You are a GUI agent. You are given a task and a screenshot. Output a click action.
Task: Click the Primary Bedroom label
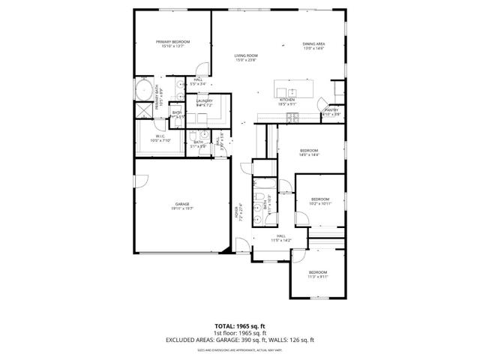(x=172, y=43)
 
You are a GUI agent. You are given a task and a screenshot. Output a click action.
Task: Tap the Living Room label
(x=246, y=58)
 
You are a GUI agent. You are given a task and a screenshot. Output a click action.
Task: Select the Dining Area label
(x=313, y=46)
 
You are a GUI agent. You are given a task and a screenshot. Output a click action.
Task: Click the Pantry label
(x=331, y=112)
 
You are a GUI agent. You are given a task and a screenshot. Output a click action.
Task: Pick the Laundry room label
(x=205, y=103)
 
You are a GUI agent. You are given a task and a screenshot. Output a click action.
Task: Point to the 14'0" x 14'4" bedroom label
(x=310, y=152)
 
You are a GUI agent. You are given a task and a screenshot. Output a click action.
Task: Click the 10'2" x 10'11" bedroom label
(x=319, y=201)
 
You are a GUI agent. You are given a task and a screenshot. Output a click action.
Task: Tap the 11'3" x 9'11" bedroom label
(x=317, y=274)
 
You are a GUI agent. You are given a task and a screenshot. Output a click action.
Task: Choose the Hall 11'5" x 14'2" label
(x=280, y=238)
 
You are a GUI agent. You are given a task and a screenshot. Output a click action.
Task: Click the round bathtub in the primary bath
(x=142, y=91)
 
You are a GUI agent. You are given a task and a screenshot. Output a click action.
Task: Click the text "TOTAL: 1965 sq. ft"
(x=240, y=326)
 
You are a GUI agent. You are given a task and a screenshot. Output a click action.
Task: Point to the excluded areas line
(x=240, y=340)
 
